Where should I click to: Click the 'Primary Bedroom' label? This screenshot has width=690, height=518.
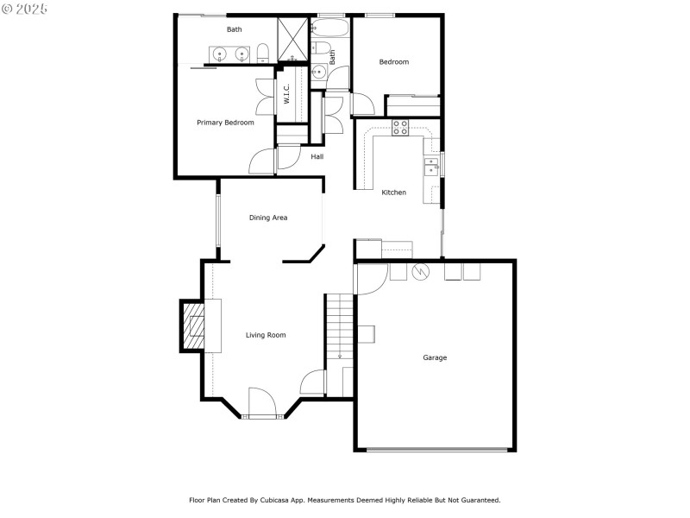coord(225,123)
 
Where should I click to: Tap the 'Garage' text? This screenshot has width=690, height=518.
coord(435,357)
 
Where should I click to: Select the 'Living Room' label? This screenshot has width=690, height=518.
coord(266,335)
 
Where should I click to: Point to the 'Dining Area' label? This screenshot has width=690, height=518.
coord(268,218)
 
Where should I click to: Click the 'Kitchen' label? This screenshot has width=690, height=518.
coord(393,193)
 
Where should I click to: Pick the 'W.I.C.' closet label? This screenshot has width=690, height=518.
coord(287,93)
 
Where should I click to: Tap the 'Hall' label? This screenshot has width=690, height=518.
coord(317,157)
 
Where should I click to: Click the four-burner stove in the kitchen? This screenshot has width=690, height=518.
coord(400,128)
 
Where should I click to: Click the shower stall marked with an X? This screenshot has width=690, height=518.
coord(293,39)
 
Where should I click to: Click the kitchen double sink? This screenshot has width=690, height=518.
coord(430,166)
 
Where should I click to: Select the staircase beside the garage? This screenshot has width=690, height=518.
coord(339,328)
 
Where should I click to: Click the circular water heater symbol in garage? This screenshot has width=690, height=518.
coord(421,272)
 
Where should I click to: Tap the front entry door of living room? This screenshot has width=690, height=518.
coord(260,403)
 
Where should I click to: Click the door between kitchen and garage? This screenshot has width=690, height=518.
coord(371,278)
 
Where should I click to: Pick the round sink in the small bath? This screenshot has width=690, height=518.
coord(319,72)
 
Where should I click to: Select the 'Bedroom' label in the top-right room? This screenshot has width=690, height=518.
coord(394,62)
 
